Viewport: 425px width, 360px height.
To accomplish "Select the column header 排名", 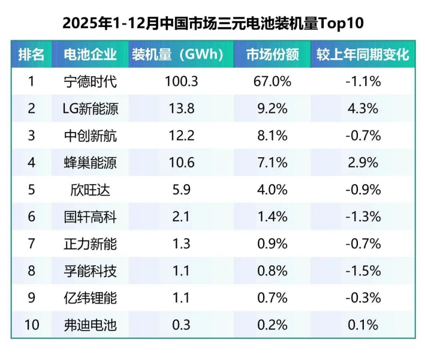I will (x=31, y=55).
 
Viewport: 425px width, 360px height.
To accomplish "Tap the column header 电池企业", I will (x=90, y=55).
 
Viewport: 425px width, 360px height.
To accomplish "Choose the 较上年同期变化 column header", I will (x=363, y=55).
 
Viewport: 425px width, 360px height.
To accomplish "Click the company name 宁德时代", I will (x=90, y=82).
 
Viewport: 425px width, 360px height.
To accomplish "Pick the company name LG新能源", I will (x=90, y=109).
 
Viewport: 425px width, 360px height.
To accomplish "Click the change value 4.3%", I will (x=363, y=109).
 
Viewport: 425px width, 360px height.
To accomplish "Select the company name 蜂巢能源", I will (x=90, y=163).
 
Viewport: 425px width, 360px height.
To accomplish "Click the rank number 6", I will (x=31, y=217).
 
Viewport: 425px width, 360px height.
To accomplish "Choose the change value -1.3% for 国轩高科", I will (x=363, y=217).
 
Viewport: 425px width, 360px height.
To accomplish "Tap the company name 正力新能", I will (x=90, y=244).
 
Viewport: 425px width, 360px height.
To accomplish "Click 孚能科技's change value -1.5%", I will (x=363, y=271).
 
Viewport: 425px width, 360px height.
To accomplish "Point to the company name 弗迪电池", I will (x=90, y=325).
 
